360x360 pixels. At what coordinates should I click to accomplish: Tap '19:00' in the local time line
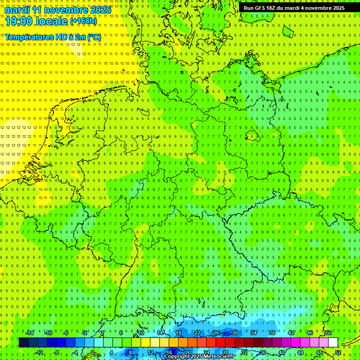(x=19, y=21)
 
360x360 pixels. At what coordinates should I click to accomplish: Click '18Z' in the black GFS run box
(x=271, y=8)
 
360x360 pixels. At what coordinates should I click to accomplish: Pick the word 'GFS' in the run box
(x=259, y=8)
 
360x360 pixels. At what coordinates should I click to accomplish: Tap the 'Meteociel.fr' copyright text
(x=219, y=357)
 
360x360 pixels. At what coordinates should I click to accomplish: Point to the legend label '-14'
(x=30, y=333)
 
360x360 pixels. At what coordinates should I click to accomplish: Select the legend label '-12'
(x=39, y=352)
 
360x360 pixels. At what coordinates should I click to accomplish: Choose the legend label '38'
(x=272, y=333)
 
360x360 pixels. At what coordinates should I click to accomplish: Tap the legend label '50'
(x=329, y=333)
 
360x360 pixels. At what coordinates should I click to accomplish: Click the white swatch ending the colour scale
(x=333, y=343)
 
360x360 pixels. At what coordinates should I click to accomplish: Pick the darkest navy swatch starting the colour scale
(x=23, y=343)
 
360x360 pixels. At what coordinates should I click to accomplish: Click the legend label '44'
(x=300, y=352)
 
